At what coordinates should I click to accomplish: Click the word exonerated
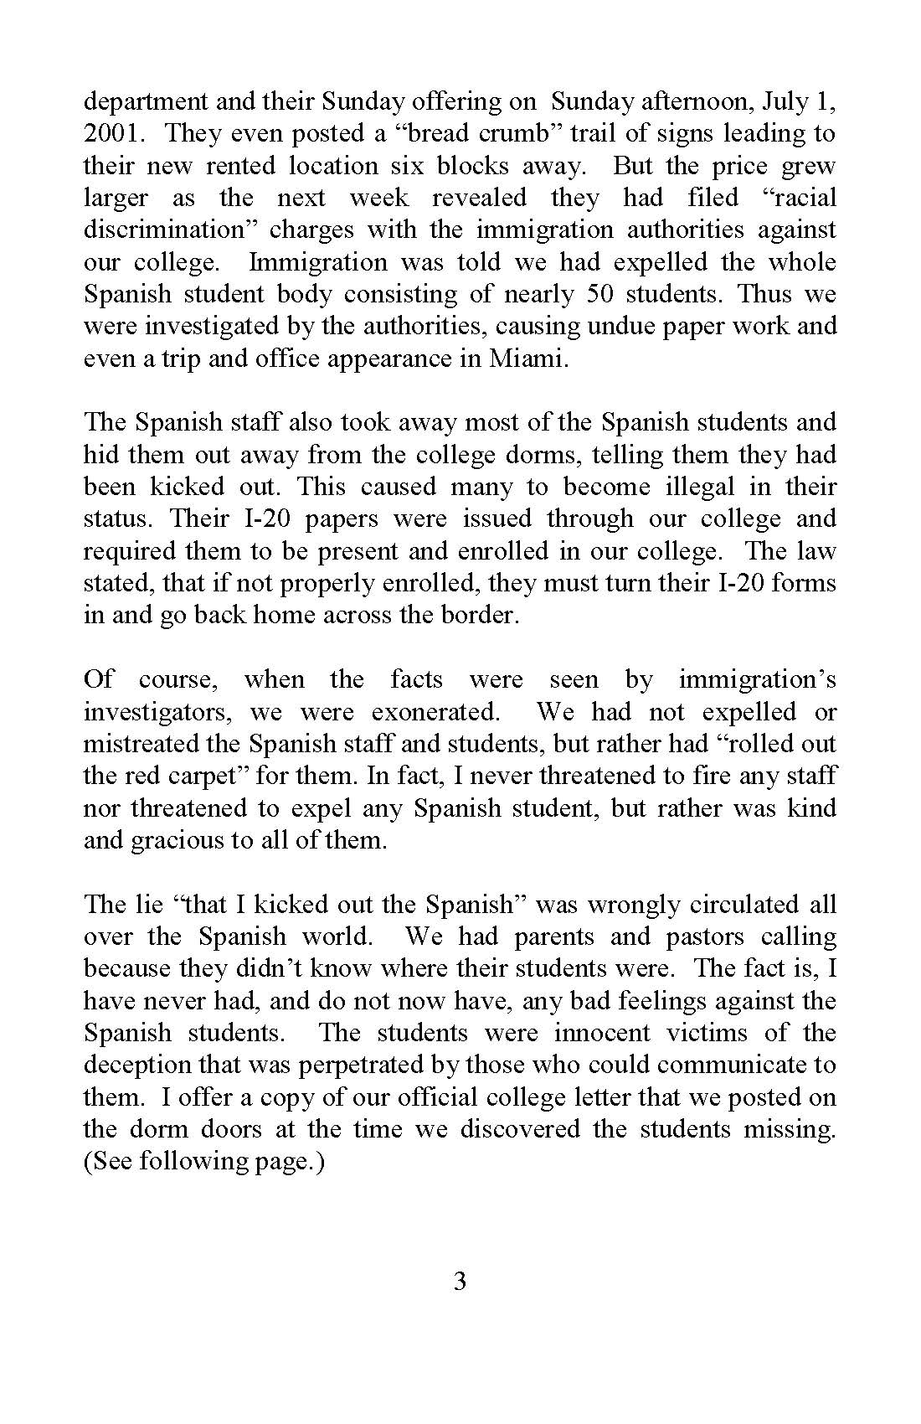tap(435, 712)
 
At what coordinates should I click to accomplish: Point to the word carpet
tap(194, 776)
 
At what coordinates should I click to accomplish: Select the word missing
tap(790, 1129)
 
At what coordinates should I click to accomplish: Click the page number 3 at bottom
tap(460, 1282)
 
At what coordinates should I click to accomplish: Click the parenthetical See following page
tap(203, 1162)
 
